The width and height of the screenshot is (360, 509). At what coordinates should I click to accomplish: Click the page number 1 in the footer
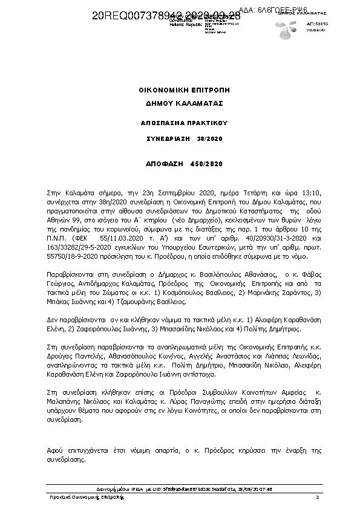coord(317,497)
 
